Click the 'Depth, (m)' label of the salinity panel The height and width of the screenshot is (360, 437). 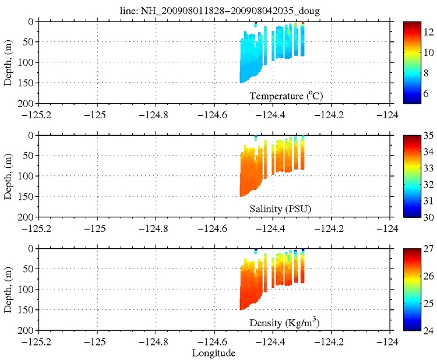(x=8, y=176)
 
